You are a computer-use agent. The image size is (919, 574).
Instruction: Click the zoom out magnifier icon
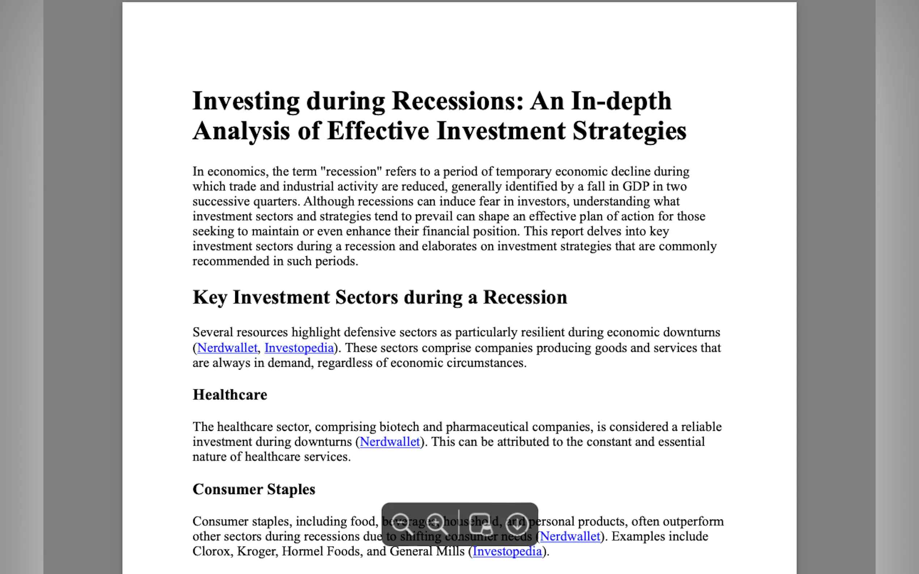pos(402,524)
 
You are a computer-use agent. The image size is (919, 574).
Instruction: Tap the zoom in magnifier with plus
pos(437,524)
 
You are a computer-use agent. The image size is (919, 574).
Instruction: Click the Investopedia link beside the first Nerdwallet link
pos(299,348)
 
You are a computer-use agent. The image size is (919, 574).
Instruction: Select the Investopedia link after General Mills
pos(507,551)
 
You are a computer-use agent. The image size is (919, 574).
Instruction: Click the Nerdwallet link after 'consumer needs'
pos(570,536)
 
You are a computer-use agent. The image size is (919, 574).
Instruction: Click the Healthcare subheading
pos(230,395)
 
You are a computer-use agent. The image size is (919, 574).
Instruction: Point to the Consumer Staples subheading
pos(254,489)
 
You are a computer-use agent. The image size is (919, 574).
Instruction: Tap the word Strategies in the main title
pos(629,131)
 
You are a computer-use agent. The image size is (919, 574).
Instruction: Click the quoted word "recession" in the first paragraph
pos(351,172)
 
